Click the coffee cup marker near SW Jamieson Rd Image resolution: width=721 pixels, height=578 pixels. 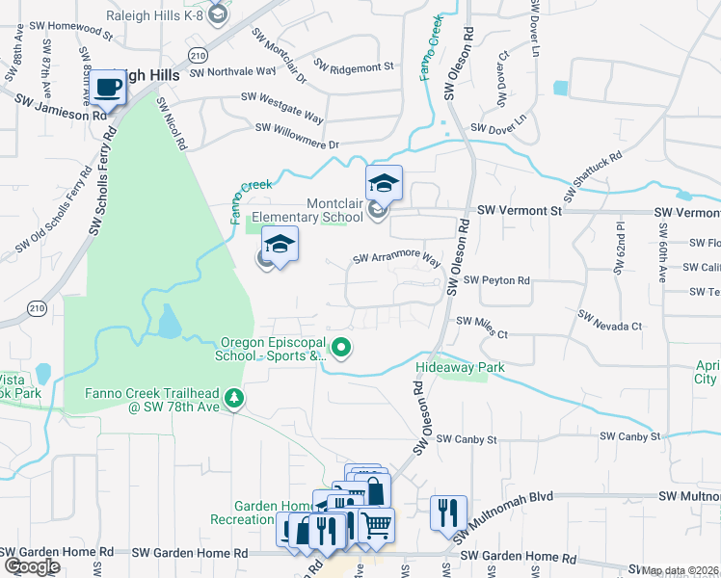(109, 90)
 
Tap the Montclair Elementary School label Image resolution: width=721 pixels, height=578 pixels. (307, 211)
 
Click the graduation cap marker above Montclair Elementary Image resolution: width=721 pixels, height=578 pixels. (384, 183)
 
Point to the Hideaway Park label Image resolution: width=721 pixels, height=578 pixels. (460, 367)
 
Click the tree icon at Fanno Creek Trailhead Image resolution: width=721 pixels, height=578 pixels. (233, 397)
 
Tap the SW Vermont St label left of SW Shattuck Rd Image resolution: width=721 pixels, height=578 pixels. (520, 210)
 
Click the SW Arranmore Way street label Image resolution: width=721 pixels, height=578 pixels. (396, 259)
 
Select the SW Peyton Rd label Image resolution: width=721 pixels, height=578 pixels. (496, 280)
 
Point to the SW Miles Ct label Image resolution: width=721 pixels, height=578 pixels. (481, 324)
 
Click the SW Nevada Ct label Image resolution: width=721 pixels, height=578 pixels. (609, 321)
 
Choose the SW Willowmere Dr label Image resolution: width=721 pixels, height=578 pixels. (298, 135)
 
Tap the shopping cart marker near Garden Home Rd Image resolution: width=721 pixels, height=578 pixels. (377, 526)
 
